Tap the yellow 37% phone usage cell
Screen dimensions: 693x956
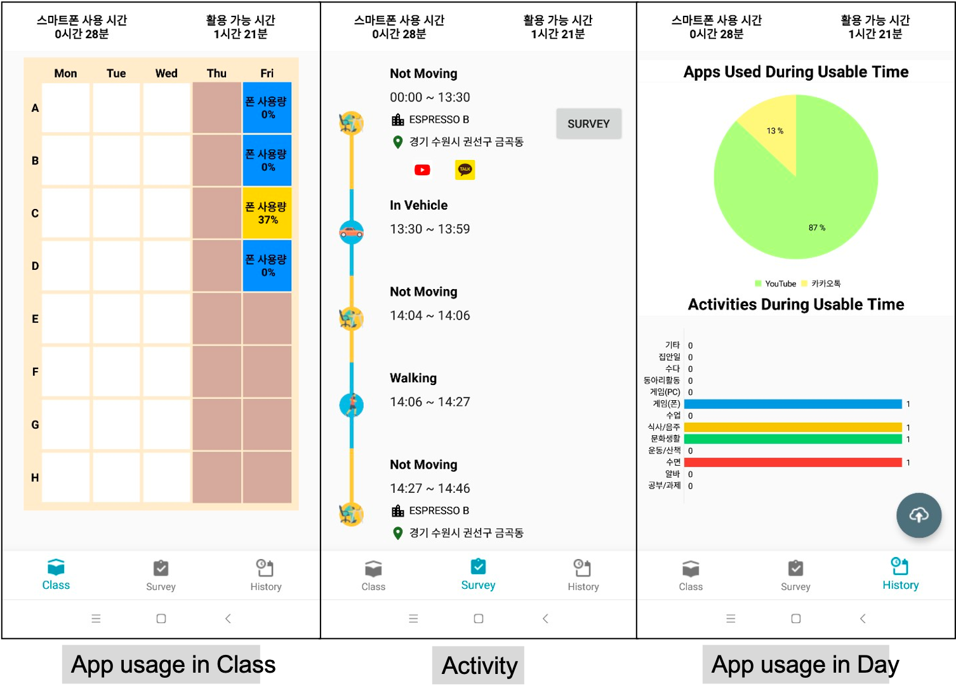[267, 213]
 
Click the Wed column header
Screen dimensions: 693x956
[166, 73]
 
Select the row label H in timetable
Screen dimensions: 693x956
[35, 478]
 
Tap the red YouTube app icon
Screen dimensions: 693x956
[422, 170]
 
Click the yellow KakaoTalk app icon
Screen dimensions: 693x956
[465, 170]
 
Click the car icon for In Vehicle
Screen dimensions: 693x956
[351, 232]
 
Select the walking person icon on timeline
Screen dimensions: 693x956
[351, 405]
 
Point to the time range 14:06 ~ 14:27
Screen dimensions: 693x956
[430, 401]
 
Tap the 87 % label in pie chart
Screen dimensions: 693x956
[817, 227]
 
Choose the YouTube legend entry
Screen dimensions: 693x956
[776, 283]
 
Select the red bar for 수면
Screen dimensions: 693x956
[793, 462]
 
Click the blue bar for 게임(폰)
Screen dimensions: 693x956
[793, 404]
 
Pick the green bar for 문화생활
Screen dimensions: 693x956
[793, 439]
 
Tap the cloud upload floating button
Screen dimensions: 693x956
[919, 515]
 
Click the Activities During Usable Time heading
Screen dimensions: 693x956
[795, 304]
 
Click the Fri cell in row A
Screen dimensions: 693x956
[267, 107]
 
